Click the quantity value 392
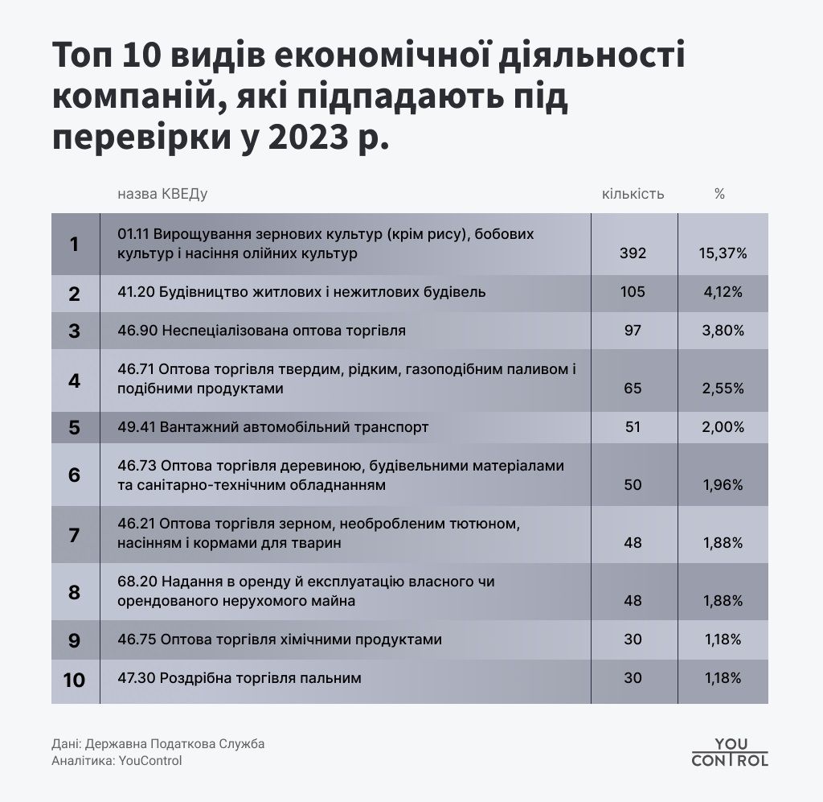click(x=633, y=253)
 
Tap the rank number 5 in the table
click(x=74, y=427)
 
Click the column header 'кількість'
click(x=633, y=194)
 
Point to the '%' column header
click(x=719, y=194)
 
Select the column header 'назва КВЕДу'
click(x=162, y=194)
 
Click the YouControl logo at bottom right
click(x=730, y=751)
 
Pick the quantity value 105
click(x=633, y=292)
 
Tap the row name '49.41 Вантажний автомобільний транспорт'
click(x=272, y=427)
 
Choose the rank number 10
click(x=74, y=680)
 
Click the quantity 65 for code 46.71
click(x=633, y=389)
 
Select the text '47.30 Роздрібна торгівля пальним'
click(x=239, y=678)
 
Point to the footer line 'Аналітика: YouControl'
click(x=117, y=761)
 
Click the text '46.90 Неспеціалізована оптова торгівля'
click(x=261, y=331)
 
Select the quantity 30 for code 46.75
click(x=633, y=640)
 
